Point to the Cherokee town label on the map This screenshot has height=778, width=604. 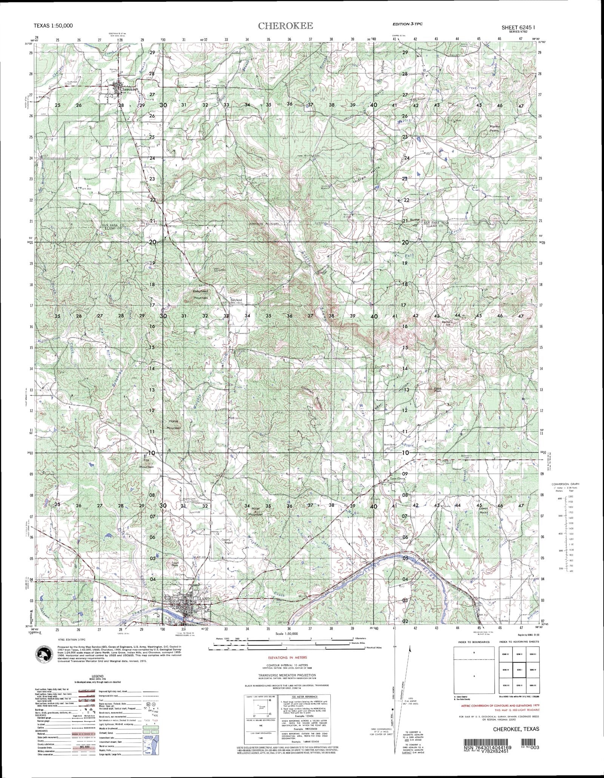click(128, 89)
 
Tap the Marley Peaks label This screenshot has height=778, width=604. click(494, 128)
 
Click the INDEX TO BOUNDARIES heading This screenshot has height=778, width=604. click(474, 642)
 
